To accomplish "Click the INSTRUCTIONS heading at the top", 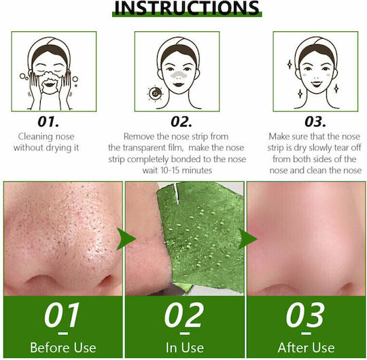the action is click(x=187, y=7).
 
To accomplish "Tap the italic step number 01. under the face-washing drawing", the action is click(x=48, y=121).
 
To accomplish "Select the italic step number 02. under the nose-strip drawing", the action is click(x=181, y=121).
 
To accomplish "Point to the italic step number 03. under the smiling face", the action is click(x=315, y=121).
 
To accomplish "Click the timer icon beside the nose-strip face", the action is click(x=155, y=93).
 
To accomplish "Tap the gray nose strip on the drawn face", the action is click(x=179, y=75).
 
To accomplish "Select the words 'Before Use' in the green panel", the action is click(x=63, y=347).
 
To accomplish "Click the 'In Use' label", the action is click(x=185, y=347).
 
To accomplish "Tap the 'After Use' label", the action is click(x=306, y=347).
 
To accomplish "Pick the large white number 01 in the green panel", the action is click(x=62, y=315).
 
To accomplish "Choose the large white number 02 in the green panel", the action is click(x=183, y=315).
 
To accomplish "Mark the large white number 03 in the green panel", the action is click(x=305, y=315).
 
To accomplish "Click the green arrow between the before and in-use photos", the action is click(x=126, y=239).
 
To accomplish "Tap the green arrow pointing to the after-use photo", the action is click(x=247, y=239).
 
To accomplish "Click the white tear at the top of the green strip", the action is click(x=177, y=193).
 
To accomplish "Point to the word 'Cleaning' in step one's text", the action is click(x=36, y=137).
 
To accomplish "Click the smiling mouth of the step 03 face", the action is click(x=316, y=84).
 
